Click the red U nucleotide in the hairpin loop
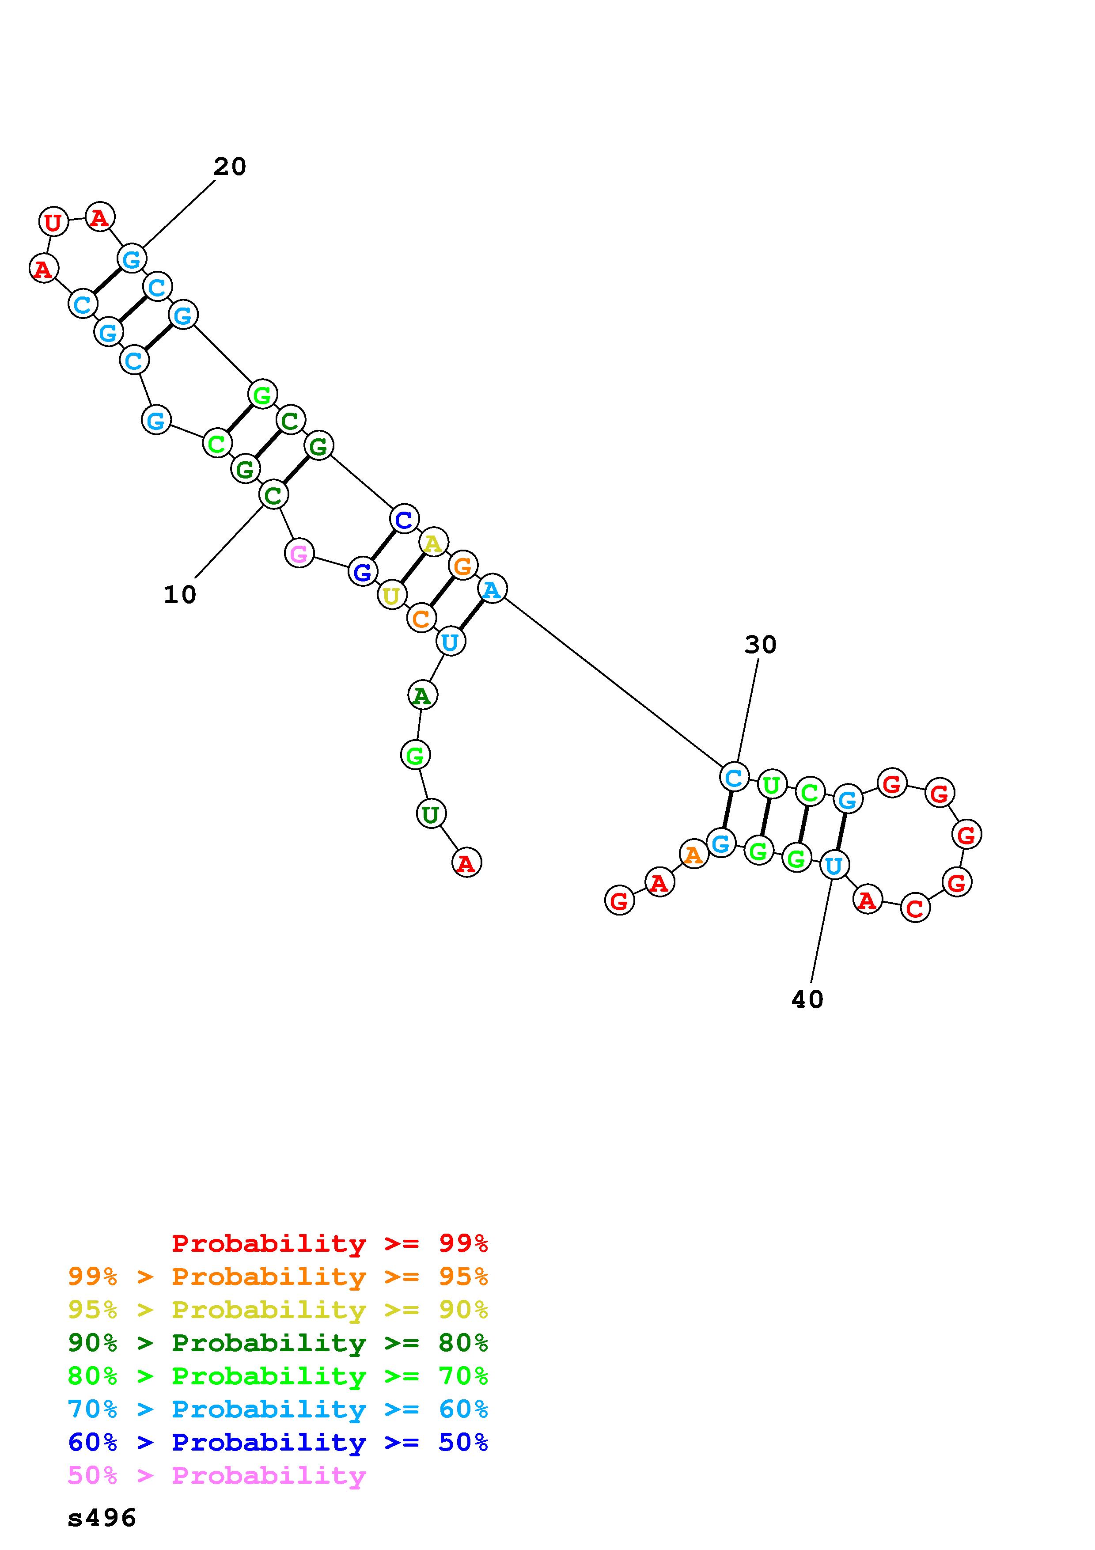pos(53,221)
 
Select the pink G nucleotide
pos(299,554)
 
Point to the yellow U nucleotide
pos(391,596)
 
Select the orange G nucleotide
pos(463,566)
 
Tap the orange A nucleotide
pos(693,855)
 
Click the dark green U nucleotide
pos(430,814)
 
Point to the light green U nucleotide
pos(771,784)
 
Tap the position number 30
pos(760,645)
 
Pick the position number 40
pos(807,999)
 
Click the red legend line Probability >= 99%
pos(329,1243)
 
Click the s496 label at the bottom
pos(102,1518)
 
